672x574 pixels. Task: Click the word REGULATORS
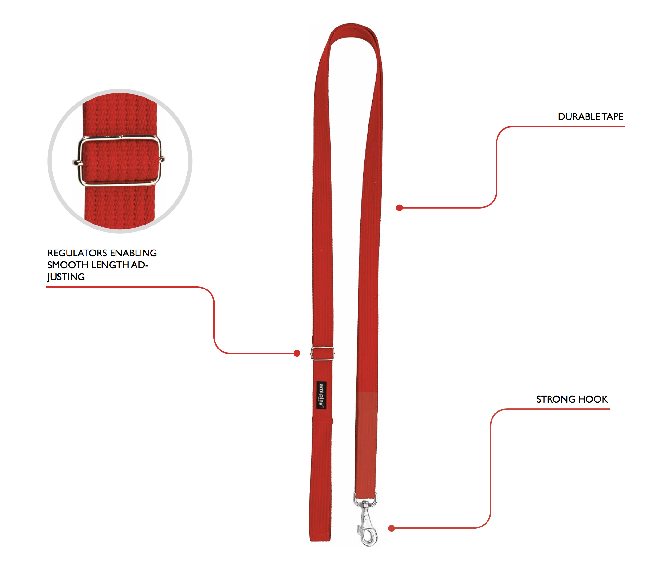pos(77,253)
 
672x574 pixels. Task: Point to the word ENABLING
pos(134,253)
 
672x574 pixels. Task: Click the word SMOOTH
pos(68,265)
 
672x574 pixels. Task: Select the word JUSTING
pos(66,277)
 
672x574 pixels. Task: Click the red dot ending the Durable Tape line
pos(399,208)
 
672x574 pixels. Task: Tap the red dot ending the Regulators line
pos(297,354)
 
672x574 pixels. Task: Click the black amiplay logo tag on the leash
pos(321,395)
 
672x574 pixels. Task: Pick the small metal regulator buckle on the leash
pos(322,354)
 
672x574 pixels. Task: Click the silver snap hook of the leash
pos(367,521)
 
